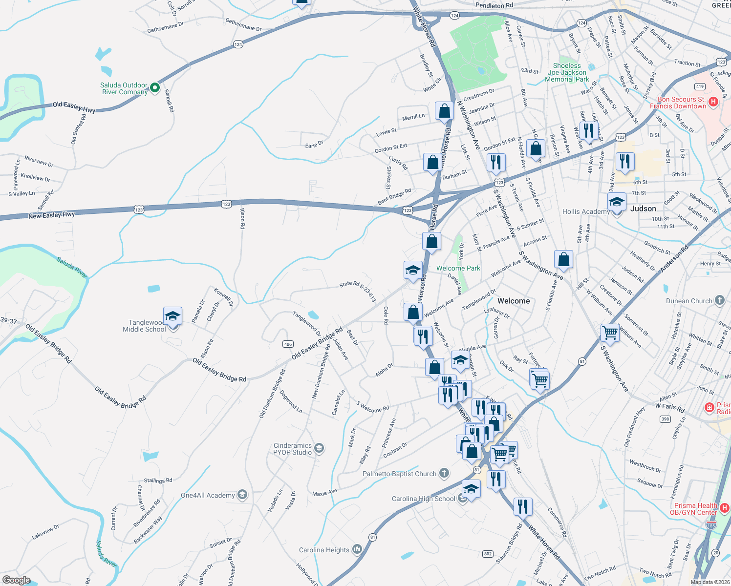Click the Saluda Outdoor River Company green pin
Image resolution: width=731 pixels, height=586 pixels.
(155, 88)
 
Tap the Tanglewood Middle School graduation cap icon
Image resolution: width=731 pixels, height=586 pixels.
(172, 316)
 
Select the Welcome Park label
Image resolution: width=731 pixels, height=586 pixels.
(458, 268)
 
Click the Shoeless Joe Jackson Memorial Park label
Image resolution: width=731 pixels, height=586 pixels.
(567, 72)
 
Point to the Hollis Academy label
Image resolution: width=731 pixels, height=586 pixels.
(585, 211)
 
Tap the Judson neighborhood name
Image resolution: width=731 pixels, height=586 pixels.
(643, 209)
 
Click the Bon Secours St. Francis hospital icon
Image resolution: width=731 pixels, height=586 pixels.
(713, 102)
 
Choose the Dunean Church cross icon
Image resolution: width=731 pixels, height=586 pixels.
(719, 300)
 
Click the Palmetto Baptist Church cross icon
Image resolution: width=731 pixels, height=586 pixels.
(444, 473)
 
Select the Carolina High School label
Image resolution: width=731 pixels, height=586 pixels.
(423, 499)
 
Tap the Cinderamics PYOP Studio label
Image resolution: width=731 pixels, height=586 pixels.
(292, 449)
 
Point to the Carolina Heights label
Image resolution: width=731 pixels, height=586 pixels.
(324, 550)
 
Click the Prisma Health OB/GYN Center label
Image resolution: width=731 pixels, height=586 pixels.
(696, 509)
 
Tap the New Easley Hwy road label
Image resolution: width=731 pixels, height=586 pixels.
(51, 215)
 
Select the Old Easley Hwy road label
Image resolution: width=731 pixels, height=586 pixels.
(74, 107)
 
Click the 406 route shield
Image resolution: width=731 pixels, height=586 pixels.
(288, 344)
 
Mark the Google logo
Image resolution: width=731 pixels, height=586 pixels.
(16, 580)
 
